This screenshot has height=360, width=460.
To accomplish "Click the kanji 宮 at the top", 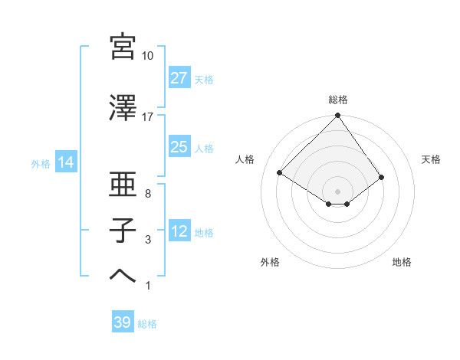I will [x=123, y=47].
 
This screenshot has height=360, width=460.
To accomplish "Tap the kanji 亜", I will [x=123, y=185].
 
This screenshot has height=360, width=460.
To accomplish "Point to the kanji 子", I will [x=123, y=231].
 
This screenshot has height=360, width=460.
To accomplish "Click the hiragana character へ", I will [x=123, y=277].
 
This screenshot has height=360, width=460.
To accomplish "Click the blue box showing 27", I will [x=179, y=78].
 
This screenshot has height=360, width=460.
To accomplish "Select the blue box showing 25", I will [x=179, y=147].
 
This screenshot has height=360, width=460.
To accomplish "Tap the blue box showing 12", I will [x=179, y=231].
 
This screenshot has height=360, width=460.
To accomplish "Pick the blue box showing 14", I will [x=65, y=162].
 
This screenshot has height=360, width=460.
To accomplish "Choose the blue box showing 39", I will [x=122, y=322].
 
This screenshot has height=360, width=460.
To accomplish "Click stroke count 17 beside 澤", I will [x=148, y=117].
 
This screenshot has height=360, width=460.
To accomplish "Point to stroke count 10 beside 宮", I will [x=148, y=56].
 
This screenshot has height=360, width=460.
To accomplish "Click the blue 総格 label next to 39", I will [x=147, y=324].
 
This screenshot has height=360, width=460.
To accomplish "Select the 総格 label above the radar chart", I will [x=338, y=100].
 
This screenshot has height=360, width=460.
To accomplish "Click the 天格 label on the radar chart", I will [x=432, y=159].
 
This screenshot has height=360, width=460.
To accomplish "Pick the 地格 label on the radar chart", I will [x=402, y=262].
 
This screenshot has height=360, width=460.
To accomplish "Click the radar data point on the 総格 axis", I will [x=338, y=116].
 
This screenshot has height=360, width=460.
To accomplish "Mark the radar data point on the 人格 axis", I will [x=280, y=173].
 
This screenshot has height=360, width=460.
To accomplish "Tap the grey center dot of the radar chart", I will [x=338, y=190].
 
